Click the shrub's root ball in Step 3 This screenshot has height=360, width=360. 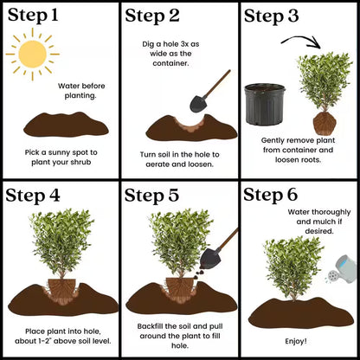coord(323,119)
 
